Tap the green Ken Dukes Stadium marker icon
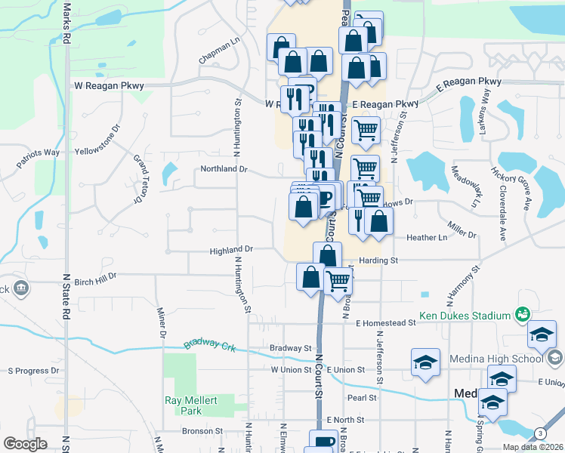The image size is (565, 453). coord(521,313)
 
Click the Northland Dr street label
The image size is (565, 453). coord(224,169)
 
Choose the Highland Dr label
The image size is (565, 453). coord(231,248)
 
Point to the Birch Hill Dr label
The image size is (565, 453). coord(96,276)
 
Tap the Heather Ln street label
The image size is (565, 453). coord(427,238)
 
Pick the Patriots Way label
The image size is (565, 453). coord(40,153)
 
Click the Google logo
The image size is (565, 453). coord(26,444)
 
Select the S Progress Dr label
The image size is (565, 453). coord(33,371)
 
